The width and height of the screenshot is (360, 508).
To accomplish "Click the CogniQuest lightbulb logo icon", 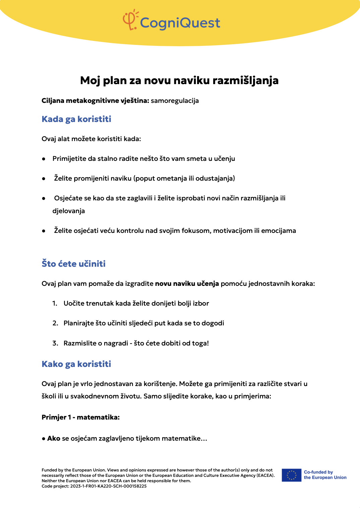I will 130,20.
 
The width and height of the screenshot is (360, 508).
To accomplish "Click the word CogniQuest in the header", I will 180,23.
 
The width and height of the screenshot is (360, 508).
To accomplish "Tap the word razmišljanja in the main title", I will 245,80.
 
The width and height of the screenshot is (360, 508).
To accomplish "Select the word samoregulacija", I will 175,101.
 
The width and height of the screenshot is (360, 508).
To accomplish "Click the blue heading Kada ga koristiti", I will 76,119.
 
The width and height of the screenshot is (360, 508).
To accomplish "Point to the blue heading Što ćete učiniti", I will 73,264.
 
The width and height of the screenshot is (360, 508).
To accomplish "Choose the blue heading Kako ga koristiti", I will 76,364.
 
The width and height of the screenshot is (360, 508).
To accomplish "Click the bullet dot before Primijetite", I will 44,159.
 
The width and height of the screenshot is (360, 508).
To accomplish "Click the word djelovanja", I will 68,211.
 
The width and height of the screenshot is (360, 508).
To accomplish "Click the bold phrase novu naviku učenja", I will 187,283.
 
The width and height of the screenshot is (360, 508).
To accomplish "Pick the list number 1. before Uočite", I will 55,303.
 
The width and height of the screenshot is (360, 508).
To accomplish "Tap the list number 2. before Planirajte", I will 55,323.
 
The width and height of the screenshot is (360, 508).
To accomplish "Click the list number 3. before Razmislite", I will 55,343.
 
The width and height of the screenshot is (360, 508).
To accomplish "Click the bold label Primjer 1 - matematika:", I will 80,417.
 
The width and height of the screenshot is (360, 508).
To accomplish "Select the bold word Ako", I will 54,438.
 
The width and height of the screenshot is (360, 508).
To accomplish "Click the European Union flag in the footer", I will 291,475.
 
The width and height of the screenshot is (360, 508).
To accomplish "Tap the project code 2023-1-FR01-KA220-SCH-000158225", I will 108,486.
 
